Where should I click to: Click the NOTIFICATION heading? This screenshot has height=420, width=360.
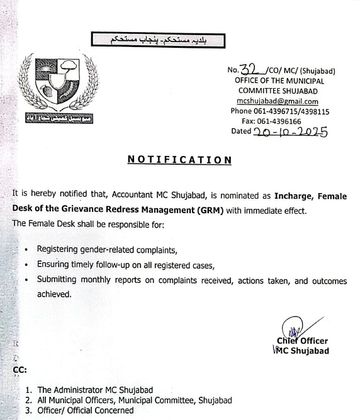click(180, 160)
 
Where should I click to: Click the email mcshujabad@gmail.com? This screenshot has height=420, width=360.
click(278, 101)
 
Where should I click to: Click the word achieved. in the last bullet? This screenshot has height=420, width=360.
click(55, 294)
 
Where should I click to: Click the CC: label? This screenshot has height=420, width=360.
click(20, 370)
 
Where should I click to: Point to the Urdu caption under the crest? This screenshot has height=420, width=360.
click(59, 118)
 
